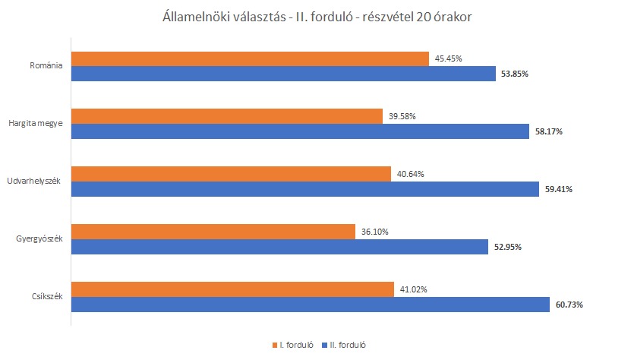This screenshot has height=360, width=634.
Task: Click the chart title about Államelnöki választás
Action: tap(317, 17)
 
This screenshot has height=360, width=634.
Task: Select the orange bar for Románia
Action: tap(250, 58)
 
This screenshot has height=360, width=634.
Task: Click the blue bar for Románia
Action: tap(281, 74)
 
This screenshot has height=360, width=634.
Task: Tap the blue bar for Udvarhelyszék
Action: tap(303, 189)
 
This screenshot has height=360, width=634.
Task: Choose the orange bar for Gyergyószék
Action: tap(213, 232)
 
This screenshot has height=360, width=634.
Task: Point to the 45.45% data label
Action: tap(448, 58)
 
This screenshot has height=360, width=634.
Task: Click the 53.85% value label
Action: tap(515, 74)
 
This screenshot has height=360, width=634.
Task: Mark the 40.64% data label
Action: tap(410, 174)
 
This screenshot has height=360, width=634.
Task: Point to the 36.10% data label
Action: tap(374, 232)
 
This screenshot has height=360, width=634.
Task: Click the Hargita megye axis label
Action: tap(35, 124)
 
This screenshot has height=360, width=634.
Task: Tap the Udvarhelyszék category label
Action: tap(34, 182)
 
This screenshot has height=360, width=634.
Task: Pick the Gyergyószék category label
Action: tap(39, 239)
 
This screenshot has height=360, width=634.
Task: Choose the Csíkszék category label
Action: tap(45, 297)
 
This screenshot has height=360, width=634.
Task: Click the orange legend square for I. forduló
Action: tap(274, 345)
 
